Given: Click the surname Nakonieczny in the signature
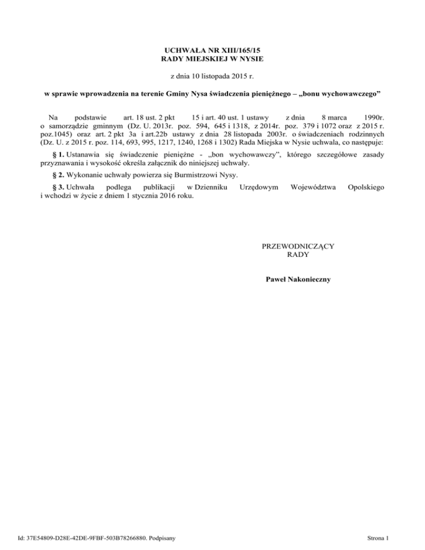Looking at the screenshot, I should click(x=308, y=279).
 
